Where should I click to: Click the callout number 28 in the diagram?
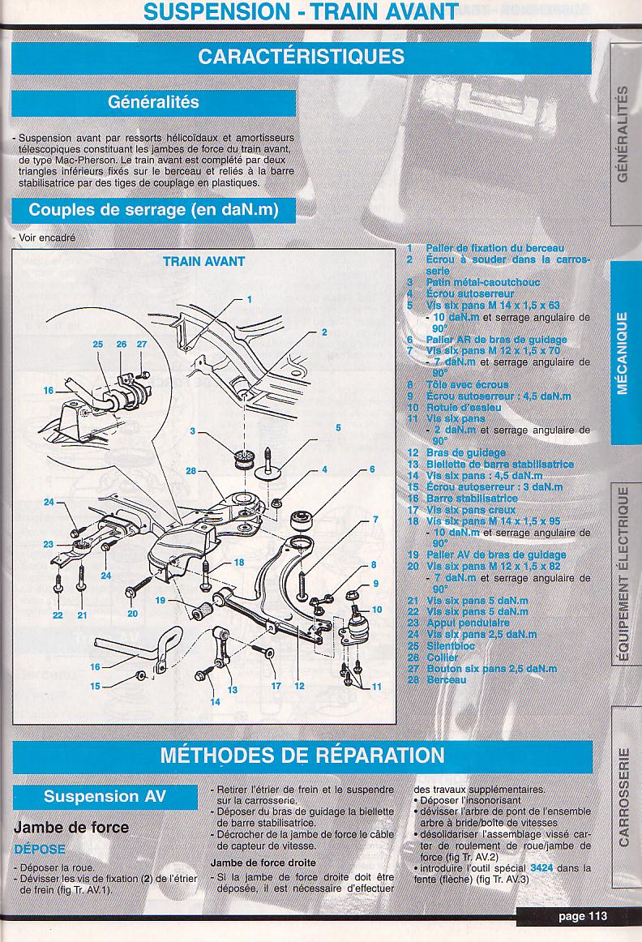click(x=190, y=471)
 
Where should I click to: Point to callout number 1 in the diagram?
click(x=250, y=299)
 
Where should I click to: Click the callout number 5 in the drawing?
click(x=338, y=427)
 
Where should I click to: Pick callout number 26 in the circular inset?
click(x=121, y=345)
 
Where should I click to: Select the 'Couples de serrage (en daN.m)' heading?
click(x=153, y=209)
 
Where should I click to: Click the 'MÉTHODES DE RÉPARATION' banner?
click(x=302, y=756)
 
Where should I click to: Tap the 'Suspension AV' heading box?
click(x=105, y=795)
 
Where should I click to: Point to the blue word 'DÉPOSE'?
click(x=40, y=848)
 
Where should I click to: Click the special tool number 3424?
click(x=543, y=867)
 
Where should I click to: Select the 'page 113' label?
click(x=582, y=917)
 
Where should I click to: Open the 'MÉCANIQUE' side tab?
click(x=623, y=352)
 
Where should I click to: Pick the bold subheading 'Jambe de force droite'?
click(x=263, y=863)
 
